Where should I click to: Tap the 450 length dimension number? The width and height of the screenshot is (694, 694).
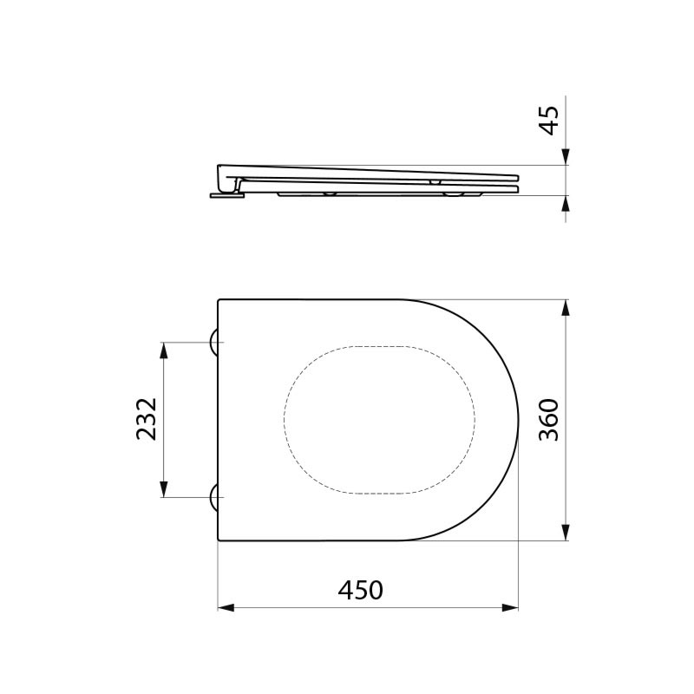[x=360, y=590]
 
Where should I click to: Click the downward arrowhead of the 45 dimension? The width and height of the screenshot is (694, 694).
[x=565, y=156]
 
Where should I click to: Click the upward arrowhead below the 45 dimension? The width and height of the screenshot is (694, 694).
[x=565, y=205]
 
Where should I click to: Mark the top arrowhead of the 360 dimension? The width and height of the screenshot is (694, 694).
[x=565, y=309]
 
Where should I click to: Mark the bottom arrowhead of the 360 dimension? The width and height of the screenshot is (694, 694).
[x=565, y=532]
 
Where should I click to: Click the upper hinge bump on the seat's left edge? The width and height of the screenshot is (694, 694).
[x=213, y=344]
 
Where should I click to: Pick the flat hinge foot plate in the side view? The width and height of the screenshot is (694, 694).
[x=227, y=195]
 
